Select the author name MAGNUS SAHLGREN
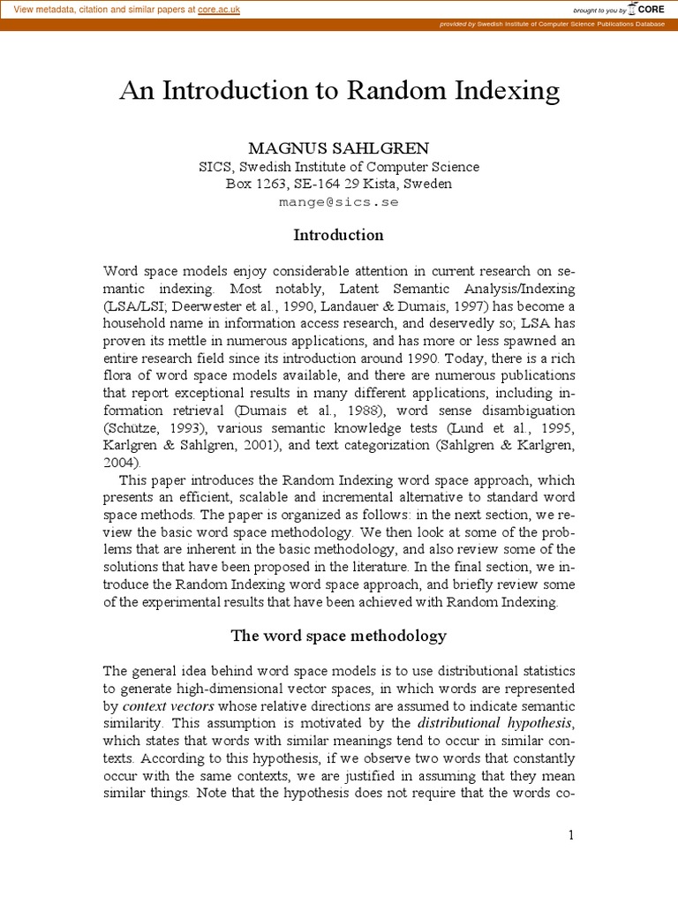[338, 148]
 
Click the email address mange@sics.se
[338, 202]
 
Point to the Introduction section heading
[338, 235]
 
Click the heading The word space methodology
[338, 636]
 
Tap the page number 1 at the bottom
[571, 835]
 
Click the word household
[135, 323]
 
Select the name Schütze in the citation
[137, 429]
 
